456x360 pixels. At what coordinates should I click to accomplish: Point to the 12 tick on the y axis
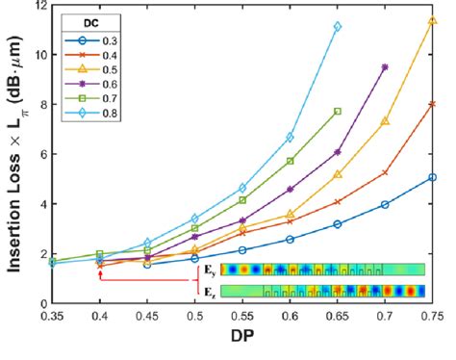pos(38,6)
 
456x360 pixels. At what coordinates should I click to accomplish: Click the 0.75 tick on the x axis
pos(432,315)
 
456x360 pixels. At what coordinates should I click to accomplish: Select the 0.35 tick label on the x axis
pos(51,315)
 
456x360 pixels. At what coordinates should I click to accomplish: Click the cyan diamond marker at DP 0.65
pos(337,27)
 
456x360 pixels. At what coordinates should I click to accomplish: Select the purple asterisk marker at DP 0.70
pos(385,67)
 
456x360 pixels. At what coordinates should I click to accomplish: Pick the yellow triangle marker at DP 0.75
pos(432,20)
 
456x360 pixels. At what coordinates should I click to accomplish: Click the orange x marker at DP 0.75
pos(432,104)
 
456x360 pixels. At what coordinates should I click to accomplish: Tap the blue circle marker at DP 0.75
pos(432,177)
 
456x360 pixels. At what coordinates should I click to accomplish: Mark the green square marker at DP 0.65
pos(337,111)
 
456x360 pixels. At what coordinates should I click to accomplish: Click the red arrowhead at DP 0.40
pos(99,273)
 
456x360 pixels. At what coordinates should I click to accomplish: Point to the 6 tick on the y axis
pos(38,154)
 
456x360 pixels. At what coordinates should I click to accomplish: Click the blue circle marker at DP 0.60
pos(290,239)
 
